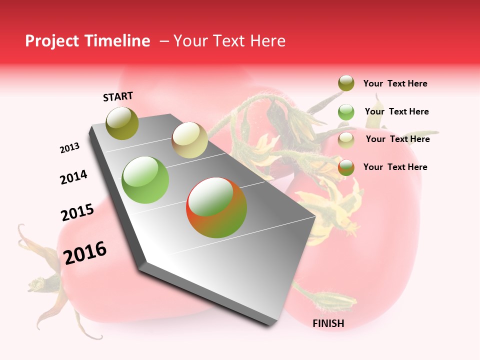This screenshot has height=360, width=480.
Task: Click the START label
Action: coord(118,96)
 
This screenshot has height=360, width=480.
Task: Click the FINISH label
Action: coord(328,323)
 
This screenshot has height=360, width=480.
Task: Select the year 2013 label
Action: coord(69,148)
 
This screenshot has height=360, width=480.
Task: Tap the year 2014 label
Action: coord(73,177)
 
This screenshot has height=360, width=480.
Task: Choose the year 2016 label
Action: coord(85,253)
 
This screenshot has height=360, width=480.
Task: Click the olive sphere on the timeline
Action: coord(122,123)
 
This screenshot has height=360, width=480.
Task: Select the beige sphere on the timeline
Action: coord(189,140)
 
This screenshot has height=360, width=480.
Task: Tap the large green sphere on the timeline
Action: coord(145,180)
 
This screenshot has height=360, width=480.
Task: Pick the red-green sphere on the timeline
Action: coord(216,207)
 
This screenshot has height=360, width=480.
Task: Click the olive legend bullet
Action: coord(346,83)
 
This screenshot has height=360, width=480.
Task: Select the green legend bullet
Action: coord(346,112)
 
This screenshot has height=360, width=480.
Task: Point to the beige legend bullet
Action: coord(346,140)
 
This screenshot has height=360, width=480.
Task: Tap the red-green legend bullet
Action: coord(346,167)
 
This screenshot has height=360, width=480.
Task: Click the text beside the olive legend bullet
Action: coord(395,83)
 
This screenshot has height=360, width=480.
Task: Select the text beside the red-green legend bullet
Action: coord(395,167)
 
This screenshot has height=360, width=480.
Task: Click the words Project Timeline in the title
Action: coord(87,41)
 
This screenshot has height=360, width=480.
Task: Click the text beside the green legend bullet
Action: coord(396,111)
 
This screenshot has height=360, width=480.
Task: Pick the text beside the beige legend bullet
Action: coord(397,139)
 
